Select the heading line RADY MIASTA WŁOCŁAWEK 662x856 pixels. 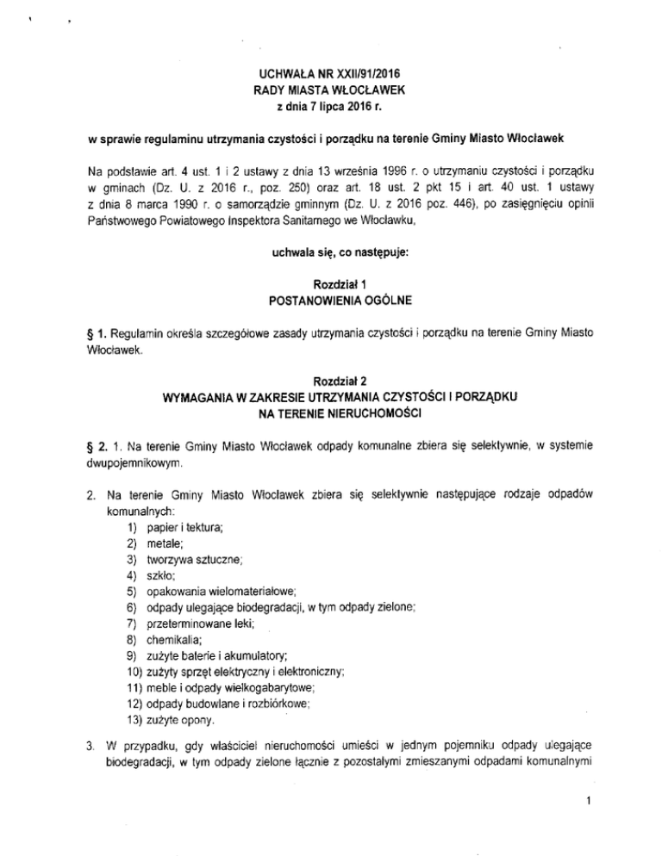[330, 90]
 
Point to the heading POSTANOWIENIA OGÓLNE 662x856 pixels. [330, 301]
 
